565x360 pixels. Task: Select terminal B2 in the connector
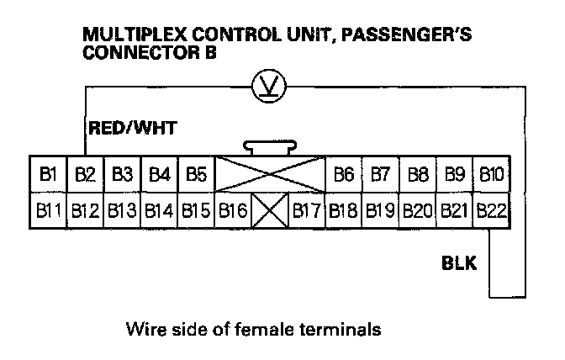(x=85, y=175)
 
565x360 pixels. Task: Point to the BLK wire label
(x=459, y=264)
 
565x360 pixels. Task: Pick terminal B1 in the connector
(x=48, y=175)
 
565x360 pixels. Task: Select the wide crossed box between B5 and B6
(x=270, y=175)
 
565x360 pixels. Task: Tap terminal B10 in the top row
(x=491, y=175)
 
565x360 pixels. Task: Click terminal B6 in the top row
(x=344, y=175)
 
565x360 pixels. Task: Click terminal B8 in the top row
(x=418, y=175)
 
